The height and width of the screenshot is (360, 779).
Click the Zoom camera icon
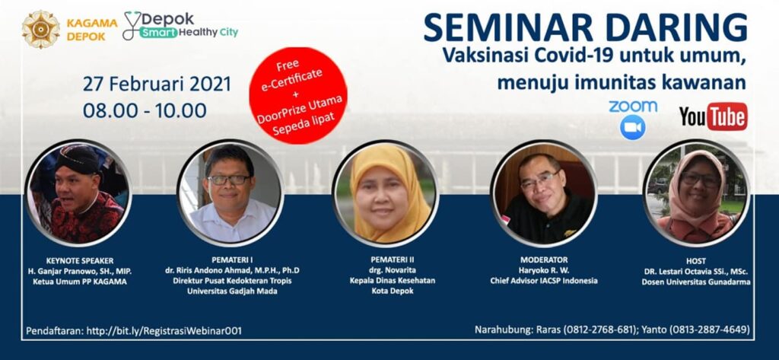(x=632, y=127)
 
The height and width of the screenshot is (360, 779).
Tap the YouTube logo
(x=714, y=116)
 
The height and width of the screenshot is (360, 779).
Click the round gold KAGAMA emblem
(x=41, y=30)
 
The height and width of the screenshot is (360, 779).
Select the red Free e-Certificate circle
(x=298, y=95)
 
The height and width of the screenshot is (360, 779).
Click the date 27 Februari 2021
(x=157, y=84)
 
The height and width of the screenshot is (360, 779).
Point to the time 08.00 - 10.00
(x=145, y=110)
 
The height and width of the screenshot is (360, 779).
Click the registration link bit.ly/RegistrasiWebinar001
(x=164, y=330)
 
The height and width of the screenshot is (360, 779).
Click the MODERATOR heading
(x=544, y=260)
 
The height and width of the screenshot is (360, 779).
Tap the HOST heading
(x=695, y=260)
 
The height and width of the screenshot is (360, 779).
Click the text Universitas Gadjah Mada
(x=232, y=292)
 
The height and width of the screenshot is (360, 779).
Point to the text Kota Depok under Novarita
(x=385, y=291)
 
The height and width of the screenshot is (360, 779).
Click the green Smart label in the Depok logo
(x=158, y=33)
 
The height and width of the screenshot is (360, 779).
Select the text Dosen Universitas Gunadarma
(x=695, y=282)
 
